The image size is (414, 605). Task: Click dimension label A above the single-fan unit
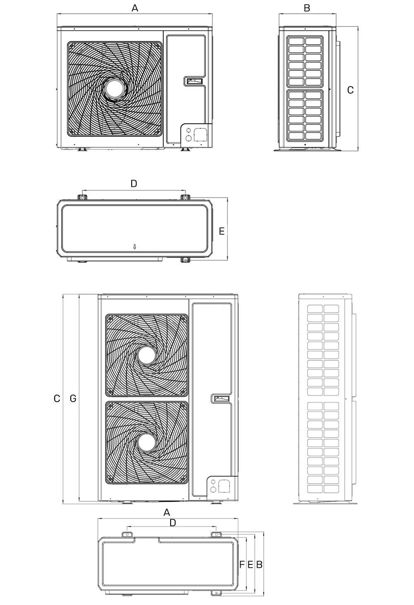135,8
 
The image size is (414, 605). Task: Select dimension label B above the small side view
307,8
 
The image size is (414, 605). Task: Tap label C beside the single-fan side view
350,90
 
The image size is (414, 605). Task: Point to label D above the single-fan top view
133,183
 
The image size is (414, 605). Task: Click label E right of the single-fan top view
222,231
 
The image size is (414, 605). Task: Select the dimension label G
73,399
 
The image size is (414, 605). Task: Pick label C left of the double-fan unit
57,399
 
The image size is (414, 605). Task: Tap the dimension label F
242,564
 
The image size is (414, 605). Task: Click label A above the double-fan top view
167,512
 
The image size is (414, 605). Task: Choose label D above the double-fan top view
173,523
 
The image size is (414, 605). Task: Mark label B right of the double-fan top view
260,564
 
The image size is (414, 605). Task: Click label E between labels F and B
250,564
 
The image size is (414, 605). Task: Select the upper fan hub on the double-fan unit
147,355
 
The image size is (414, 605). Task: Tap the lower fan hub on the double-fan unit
147,442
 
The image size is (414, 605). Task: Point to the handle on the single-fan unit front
193,81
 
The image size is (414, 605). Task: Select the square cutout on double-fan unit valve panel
224,485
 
